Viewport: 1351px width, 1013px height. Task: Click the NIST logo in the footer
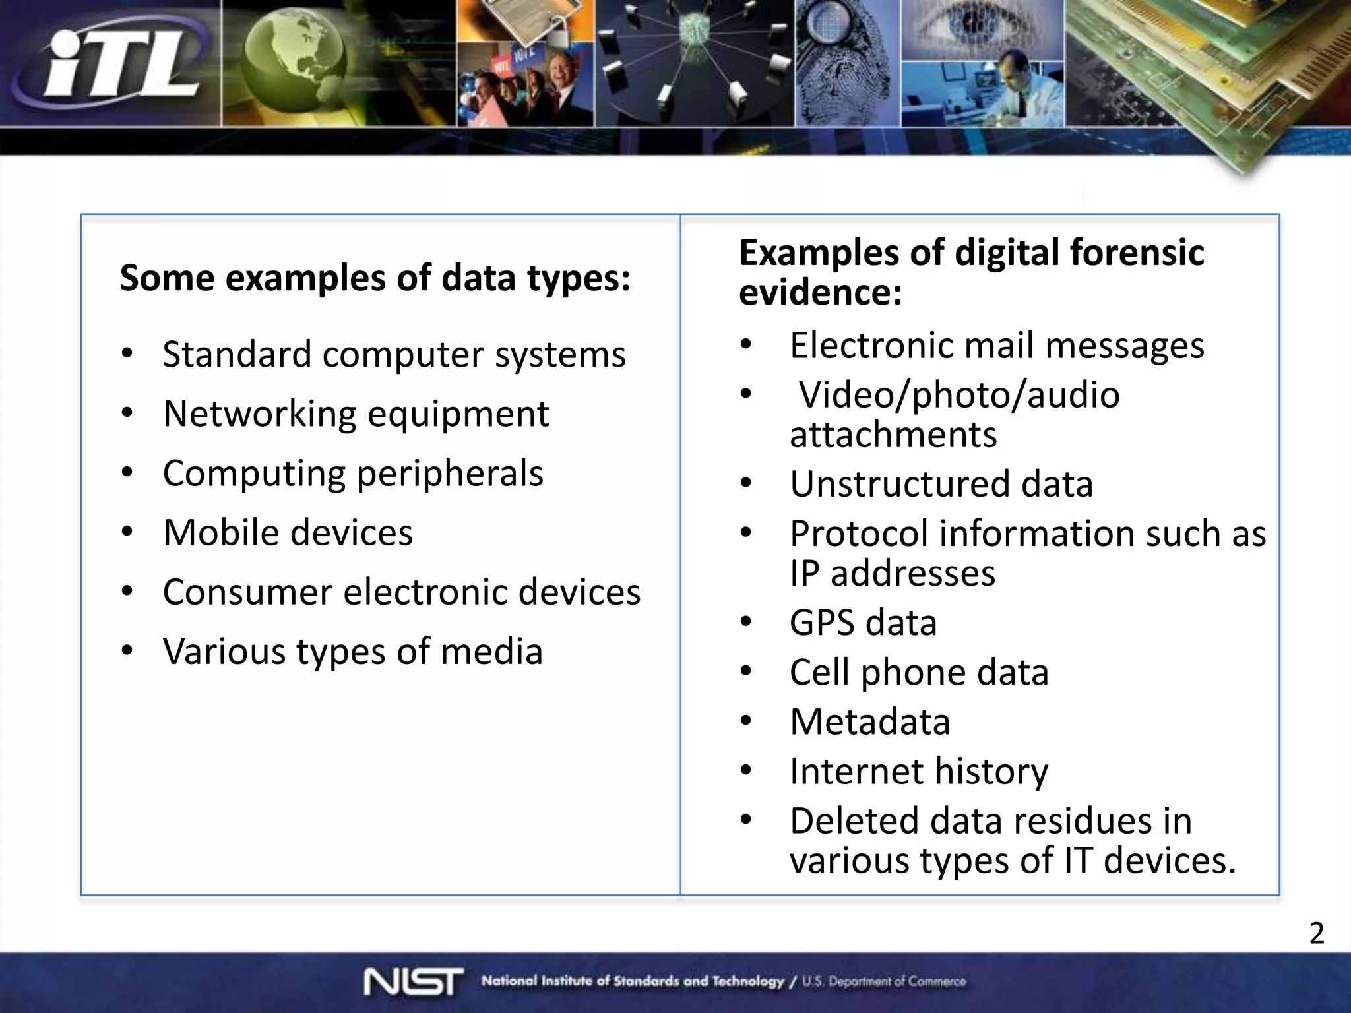(x=413, y=981)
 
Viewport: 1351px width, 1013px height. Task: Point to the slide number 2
(x=1317, y=933)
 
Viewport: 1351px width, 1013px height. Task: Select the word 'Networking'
(x=260, y=414)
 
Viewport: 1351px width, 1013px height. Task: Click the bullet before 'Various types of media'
(x=127, y=651)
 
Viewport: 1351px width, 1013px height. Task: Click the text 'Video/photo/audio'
(x=959, y=394)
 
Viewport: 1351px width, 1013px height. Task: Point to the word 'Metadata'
(x=870, y=721)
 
